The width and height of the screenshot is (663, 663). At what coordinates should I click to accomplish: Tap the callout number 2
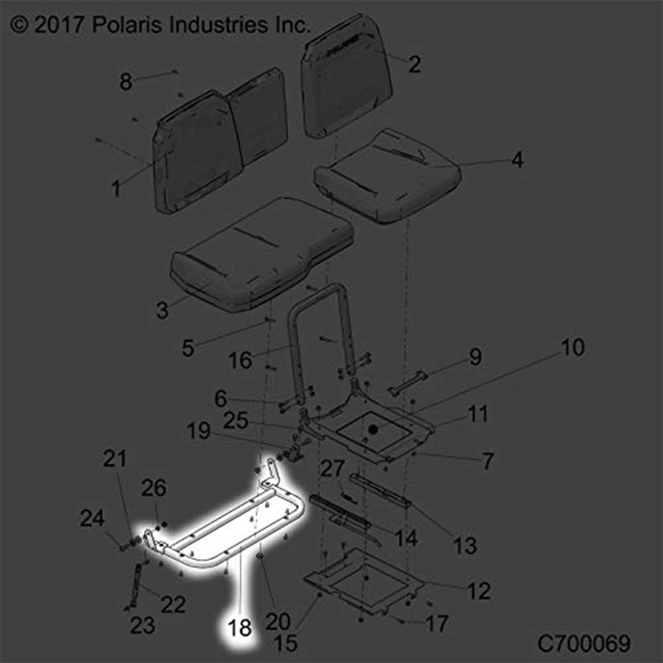[414, 64]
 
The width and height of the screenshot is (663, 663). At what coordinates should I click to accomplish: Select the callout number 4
[516, 160]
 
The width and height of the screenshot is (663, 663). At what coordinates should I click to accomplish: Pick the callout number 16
[240, 360]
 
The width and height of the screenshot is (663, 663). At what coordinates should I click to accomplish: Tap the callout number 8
[125, 82]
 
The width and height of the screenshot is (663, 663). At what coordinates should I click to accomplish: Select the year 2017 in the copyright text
[58, 25]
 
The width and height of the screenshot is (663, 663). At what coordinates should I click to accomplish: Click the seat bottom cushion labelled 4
[388, 176]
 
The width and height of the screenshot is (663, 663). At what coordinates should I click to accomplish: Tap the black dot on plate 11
[373, 430]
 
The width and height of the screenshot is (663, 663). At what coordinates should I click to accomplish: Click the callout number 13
[465, 546]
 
